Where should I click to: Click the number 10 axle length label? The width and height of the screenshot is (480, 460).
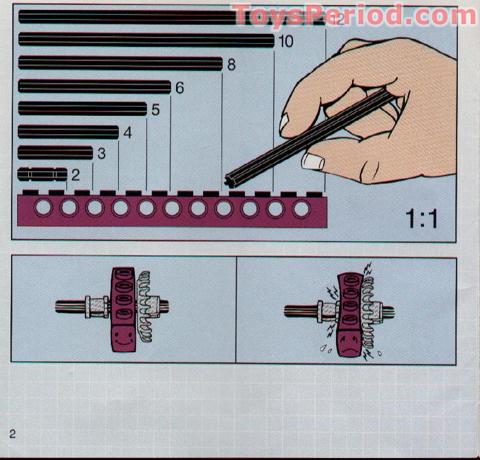pyautogui.click(x=286, y=42)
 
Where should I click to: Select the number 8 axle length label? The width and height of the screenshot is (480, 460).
pyautogui.click(x=231, y=64)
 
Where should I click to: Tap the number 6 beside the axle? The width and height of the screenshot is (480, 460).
pyautogui.click(x=180, y=87)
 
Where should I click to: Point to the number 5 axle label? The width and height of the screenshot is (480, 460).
pyautogui.click(x=155, y=110)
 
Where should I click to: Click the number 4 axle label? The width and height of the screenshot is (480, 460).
pyautogui.click(x=127, y=132)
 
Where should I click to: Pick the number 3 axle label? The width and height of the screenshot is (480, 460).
pyautogui.click(x=102, y=153)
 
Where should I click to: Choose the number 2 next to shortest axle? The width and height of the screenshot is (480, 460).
pyautogui.click(x=75, y=175)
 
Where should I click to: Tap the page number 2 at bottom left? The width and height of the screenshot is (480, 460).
pyautogui.click(x=13, y=433)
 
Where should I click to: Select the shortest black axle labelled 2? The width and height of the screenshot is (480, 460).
pyautogui.click(x=42, y=174)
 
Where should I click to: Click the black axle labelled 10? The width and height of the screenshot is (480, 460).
pyautogui.click(x=146, y=41)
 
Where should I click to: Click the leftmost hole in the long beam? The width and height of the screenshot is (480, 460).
pyautogui.click(x=42, y=208)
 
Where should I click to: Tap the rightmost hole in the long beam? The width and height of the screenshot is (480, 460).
pyautogui.click(x=301, y=209)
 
